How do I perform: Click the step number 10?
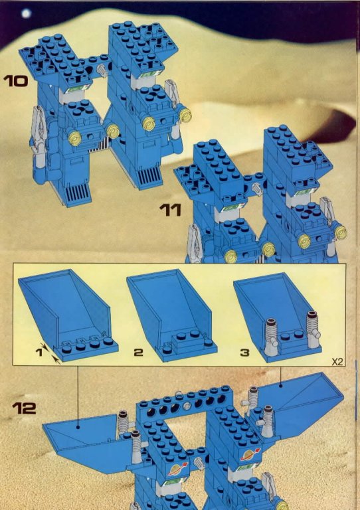click(x=15, y=80)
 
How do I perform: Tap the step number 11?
click(x=171, y=210)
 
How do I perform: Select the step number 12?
click(x=24, y=408)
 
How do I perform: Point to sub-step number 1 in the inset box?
click(x=39, y=352)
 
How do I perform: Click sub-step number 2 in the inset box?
click(x=138, y=352)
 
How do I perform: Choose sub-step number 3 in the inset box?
click(x=244, y=352)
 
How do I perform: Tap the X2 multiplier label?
click(x=337, y=362)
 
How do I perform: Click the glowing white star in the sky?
click(x=26, y=13)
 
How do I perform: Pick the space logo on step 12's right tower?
click(x=250, y=454)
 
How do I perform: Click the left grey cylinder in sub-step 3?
click(x=270, y=337)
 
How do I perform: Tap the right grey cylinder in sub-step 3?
click(x=312, y=329)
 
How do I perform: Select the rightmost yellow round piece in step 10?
click(x=185, y=115)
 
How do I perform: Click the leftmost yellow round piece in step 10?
click(x=74, y=139)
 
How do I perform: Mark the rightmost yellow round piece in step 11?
click(x=341, y=232)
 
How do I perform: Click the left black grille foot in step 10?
click(x=78, y=193)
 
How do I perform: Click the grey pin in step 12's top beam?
click(x=187, y=406)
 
